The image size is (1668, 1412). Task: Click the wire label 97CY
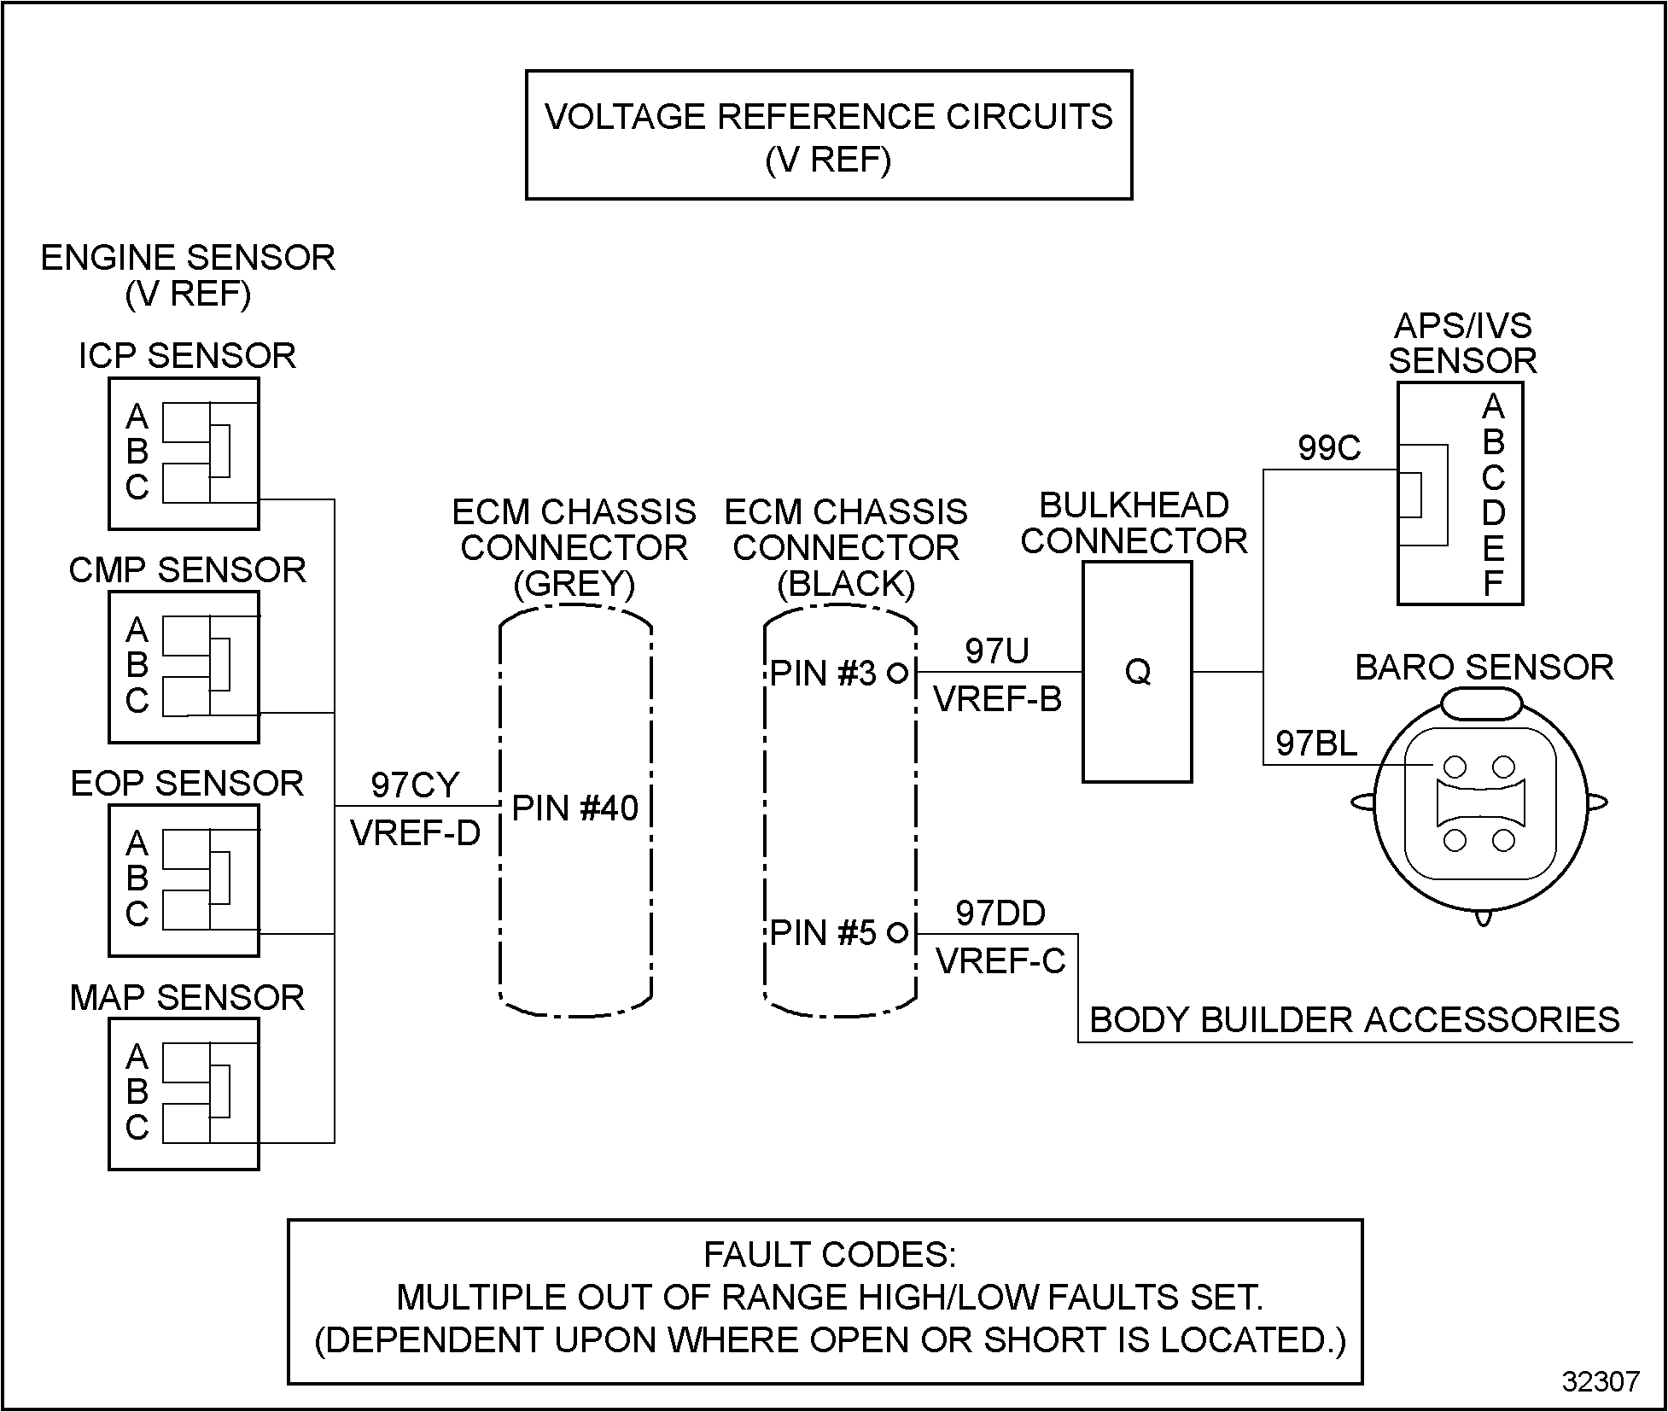tap(415, 785)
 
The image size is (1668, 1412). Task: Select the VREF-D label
tap(416, 833)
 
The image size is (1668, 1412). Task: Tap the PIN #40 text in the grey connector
tap(574, 808)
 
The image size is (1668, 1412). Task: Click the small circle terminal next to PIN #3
tap(897, 673)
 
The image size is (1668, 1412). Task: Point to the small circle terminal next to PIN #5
tap(897, 932)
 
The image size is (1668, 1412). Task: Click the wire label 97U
tap(997, 651)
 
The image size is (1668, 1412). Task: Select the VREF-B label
tap(998, 700)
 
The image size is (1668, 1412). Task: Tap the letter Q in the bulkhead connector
tap(1138, 672)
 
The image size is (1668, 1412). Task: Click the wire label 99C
tap(1329, 448)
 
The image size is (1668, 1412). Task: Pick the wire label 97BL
tap(1316, 744)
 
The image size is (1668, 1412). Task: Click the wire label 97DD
tap(1000, 913)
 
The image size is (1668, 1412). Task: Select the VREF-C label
tap(1001, 962)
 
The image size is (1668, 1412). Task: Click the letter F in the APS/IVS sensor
tap(1493, 584)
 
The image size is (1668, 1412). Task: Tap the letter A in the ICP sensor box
tap(137, 417)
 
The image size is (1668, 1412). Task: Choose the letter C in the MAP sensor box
tap(137, 1128)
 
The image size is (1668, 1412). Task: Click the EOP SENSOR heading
tap(187, 784)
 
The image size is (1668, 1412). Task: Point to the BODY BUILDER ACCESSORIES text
tap(1355, 1020)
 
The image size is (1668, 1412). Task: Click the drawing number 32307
tap(1601, 1382)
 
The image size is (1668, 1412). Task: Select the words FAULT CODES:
tap(830, 1255)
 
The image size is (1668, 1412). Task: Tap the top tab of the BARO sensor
tap(1481, 705)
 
